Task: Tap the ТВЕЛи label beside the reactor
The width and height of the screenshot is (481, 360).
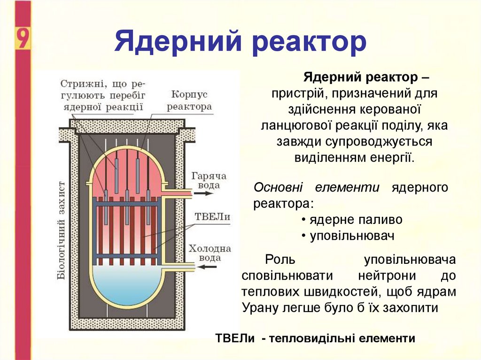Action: pyautogui.click(x=212, y=217)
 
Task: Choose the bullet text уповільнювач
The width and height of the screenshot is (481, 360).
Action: pyautogui.click(x=351, y=236)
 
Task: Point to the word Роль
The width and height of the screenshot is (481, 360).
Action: pyautogui.click(x=280, y=260)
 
